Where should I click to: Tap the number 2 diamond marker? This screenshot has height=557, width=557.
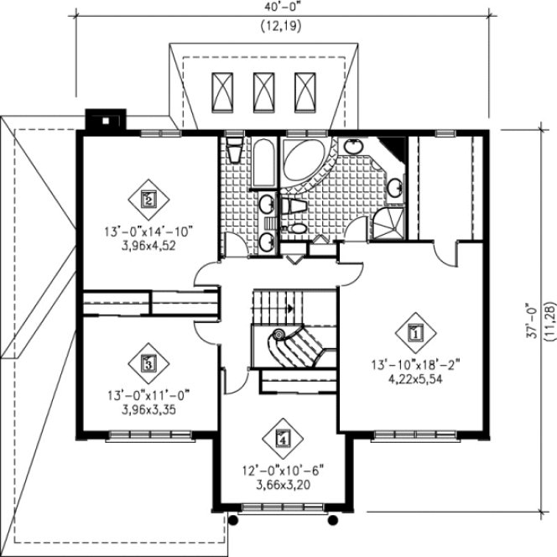148,200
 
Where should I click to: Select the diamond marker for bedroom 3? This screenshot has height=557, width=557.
148,363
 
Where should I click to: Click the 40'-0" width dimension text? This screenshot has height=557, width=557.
280,8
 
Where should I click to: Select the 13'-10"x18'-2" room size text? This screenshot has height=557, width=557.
414,365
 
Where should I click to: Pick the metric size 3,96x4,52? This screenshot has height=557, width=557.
148,247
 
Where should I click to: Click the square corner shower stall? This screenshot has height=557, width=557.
388,223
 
